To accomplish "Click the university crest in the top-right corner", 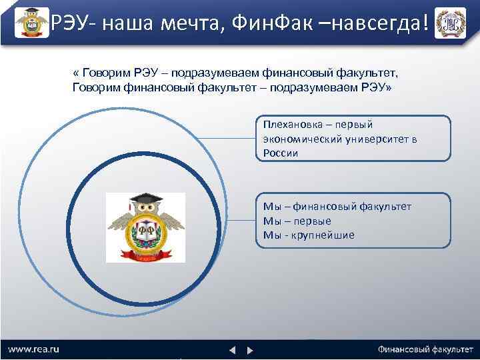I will click(x=450, y=23).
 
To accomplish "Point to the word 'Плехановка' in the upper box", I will click(x=289, y=125).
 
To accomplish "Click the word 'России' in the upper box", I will click(x=280, y=153).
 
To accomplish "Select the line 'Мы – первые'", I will click(x=297, y=221).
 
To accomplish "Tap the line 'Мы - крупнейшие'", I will click(x=309, y=235).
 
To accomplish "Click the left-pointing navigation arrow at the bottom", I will click(x=233, y=349).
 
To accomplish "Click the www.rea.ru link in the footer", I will click(x=33, y=349).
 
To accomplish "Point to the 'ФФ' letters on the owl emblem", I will click(x=145, y=231).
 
